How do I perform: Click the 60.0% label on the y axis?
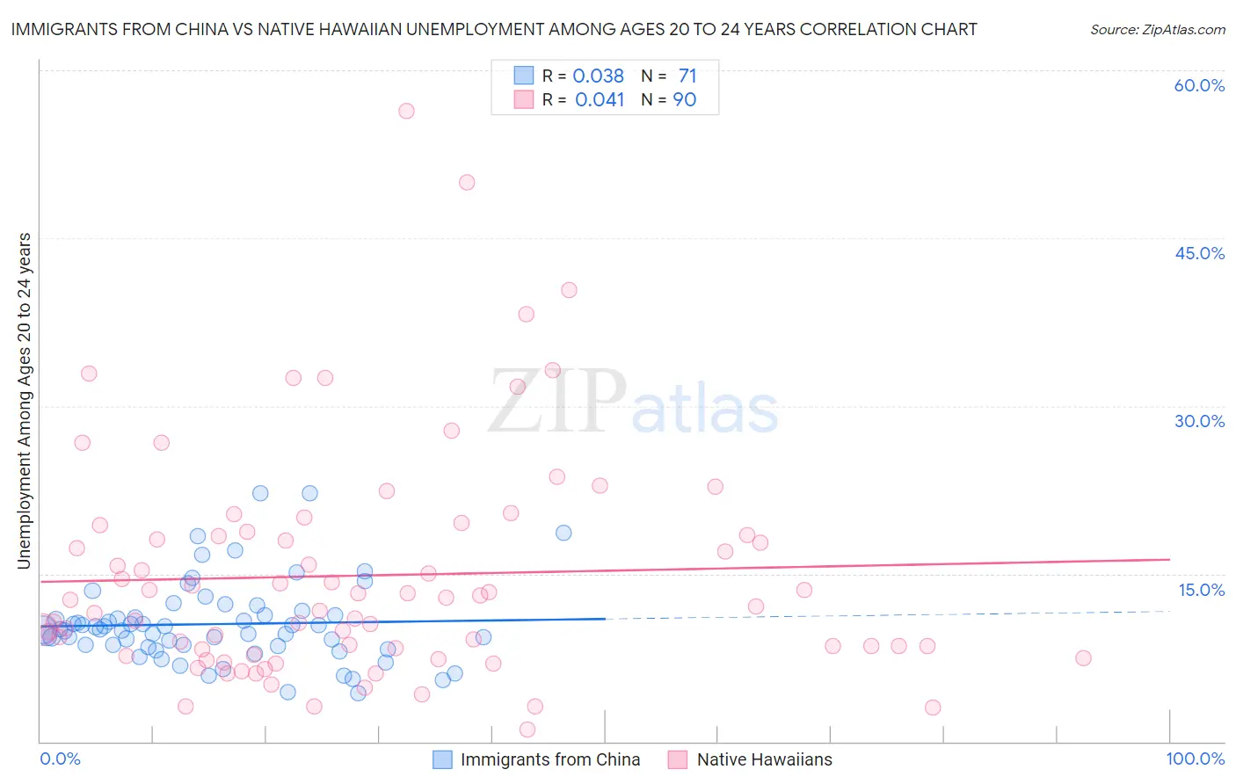click(x=1199, y=85)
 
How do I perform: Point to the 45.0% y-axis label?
click(x=1199, y=253)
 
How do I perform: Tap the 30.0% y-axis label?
click(x=1199, y=421)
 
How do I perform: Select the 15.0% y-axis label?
click(x=1201, y=590)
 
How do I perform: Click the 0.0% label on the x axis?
click(x=60, y=759)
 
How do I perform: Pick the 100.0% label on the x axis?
click(x=1195, y=759)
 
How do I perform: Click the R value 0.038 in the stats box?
click(x=598, y=76)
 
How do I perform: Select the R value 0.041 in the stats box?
click(x=599, y=100)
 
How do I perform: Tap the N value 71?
click(x=687, y=76)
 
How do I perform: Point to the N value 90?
click(x=684, y=100)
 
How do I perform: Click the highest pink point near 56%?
click(x=406, y=111)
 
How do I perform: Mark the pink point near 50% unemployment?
click(x=467, y=182)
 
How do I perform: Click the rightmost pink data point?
click(x=1083, y=658)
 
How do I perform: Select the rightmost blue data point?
click(x=563, y=533)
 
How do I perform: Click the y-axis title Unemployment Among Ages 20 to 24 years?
click(x=24, y=401)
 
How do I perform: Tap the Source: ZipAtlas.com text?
click(x=1157, y=30)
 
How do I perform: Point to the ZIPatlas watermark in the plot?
click(x=633, y=403)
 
